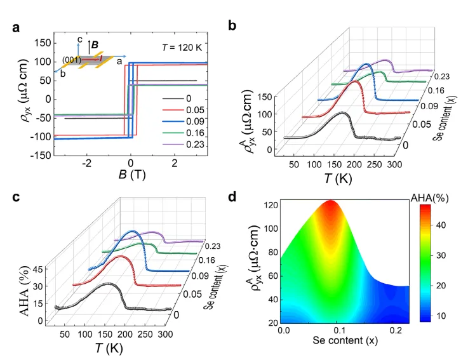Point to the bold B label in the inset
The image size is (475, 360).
pyautogui.click(x=95, y=46)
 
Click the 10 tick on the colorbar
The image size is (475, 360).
pyautogui.click(x=452, y=314)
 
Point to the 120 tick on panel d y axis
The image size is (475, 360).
pyautogui.click(x=269, y=204)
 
